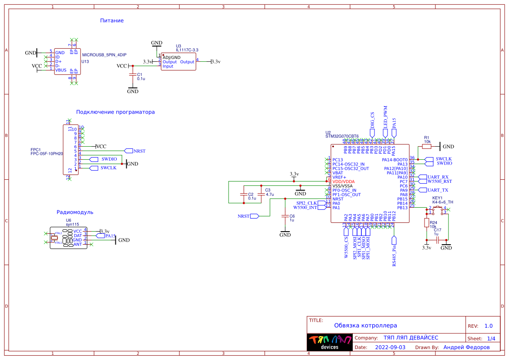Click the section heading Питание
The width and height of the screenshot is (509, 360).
click(112, 20)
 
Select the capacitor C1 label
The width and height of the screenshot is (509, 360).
click(139, 74)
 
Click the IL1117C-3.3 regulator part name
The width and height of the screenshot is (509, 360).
click(187, 50)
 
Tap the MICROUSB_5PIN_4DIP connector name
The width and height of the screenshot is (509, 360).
click(104, 55)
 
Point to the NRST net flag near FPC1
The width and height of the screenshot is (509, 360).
click(139, 151)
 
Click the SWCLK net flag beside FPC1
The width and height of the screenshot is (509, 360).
click(108, 168)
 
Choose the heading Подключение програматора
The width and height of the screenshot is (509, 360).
click(115, 112)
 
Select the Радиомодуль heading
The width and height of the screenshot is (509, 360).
click(75, 212)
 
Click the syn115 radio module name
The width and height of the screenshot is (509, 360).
click(72, 224)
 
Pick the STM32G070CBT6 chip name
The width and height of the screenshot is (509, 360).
click(342, 136)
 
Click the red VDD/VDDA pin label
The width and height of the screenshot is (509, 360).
click(344, 182)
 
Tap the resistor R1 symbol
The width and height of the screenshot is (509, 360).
click(427, 147)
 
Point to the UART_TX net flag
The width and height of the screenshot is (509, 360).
click(438, 190)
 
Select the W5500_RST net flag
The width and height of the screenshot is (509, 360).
click(439, 182)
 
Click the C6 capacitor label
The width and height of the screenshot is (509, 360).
click(292, 216)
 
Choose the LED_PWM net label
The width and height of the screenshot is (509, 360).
click(385, 116)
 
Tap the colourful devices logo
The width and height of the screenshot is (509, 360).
click(330, 343)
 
